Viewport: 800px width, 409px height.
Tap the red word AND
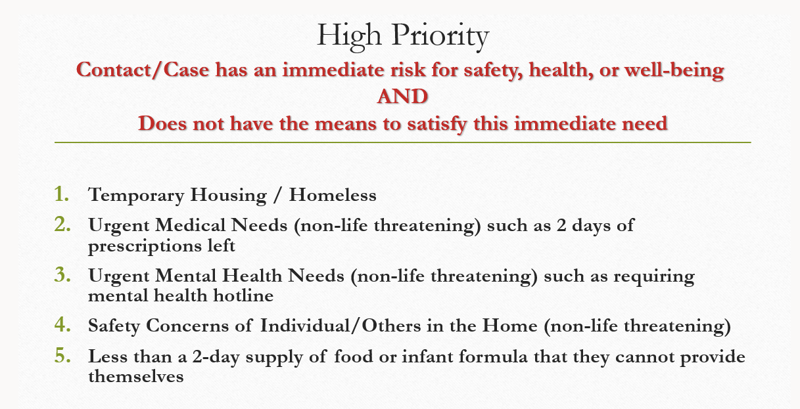402,97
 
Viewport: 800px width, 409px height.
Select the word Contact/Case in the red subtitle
143,70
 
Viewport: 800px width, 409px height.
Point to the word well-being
674,70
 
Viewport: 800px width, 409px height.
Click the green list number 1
61,194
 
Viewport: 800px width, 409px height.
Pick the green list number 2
62,225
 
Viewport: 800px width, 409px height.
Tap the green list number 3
62,274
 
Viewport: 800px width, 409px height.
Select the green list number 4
62,324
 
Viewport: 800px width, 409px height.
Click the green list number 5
62,355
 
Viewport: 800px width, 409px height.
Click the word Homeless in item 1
333,195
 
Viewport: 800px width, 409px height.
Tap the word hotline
244,295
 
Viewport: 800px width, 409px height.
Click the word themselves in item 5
136,376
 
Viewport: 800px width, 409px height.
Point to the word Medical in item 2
191,225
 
